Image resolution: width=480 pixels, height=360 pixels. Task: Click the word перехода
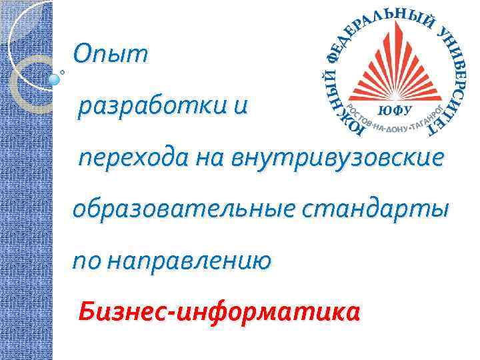133,158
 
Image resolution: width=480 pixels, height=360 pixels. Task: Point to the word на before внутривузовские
209,158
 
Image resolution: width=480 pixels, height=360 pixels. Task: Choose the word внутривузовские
337,158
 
